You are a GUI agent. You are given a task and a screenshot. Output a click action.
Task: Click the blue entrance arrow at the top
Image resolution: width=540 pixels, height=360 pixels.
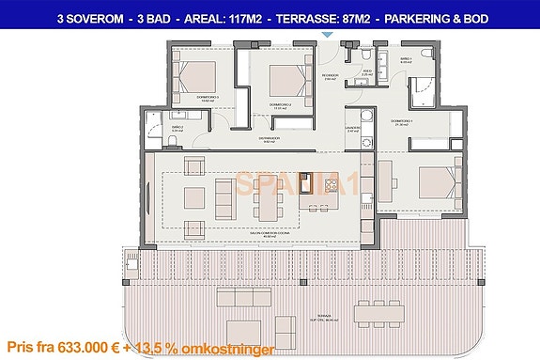(326, 35)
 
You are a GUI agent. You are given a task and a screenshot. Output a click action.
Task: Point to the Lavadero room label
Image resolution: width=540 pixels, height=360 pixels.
(352, 129)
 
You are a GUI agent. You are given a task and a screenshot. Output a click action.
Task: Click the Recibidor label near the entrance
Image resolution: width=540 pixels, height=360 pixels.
(329, 76)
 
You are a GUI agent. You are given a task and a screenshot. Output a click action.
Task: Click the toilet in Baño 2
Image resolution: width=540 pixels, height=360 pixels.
(177, 143)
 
